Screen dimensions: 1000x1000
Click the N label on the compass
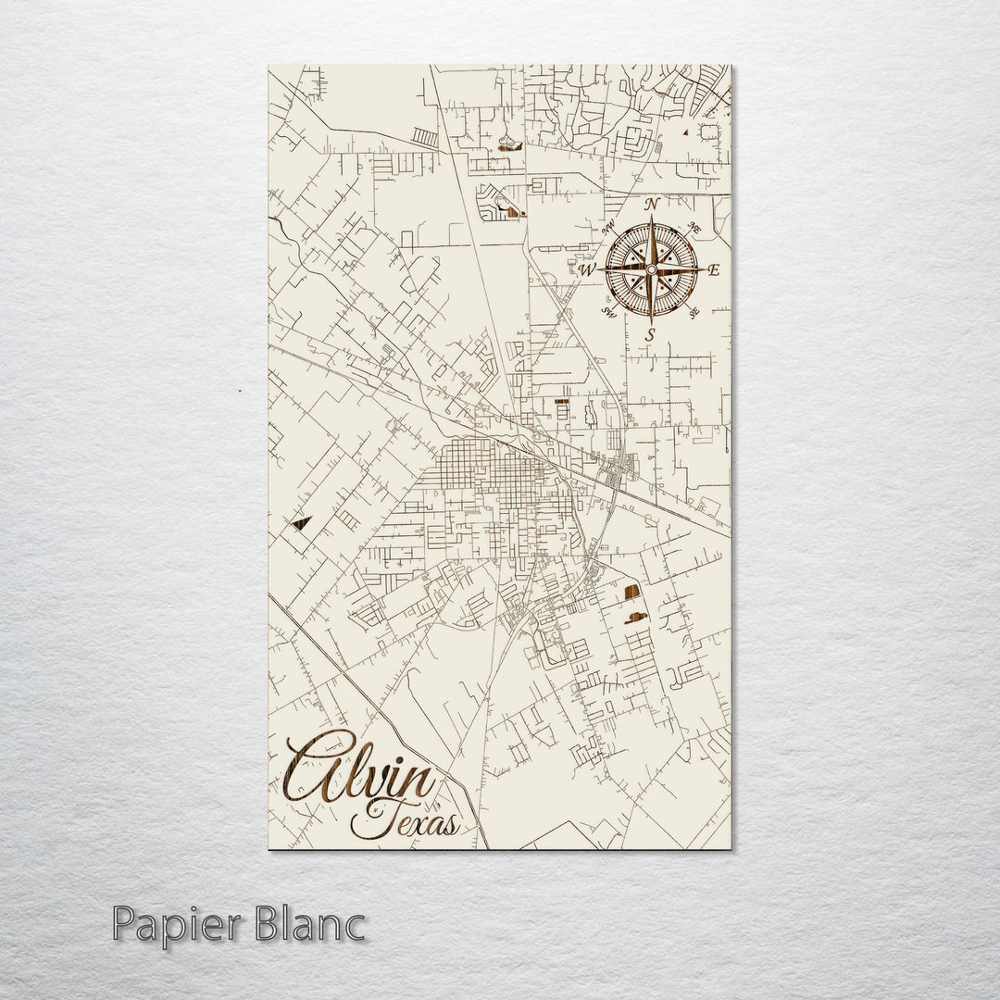652,204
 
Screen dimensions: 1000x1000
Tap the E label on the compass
713,270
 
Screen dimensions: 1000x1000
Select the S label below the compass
651,334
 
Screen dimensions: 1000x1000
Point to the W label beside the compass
587,270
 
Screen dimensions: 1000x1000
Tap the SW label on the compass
608,312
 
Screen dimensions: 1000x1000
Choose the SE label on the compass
694,313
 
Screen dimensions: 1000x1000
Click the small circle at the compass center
651,269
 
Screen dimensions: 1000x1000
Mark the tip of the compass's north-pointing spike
651,217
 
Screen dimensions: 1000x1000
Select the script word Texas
404,819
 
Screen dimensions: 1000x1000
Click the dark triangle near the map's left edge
299,523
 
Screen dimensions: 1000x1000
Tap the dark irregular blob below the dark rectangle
637,618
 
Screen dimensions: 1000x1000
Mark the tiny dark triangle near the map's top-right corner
685,133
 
